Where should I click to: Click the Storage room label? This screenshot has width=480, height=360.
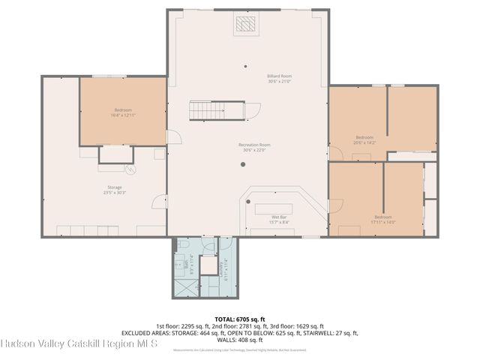coord(114,189)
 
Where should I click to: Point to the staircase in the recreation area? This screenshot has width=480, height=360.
coord(217,110)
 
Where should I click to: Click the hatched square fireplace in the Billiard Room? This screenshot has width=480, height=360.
coord(244,25)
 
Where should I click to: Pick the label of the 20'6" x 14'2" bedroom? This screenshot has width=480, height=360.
coord(364,139)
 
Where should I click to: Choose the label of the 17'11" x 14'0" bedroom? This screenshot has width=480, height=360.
coord(382,219)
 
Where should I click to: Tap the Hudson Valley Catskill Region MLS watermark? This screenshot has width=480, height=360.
coord(79,343)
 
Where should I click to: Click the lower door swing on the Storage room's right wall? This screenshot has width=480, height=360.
coord(159,202)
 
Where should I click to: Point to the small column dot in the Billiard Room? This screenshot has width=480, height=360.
coord(244,65)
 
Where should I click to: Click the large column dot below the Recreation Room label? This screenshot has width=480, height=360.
coord(242,164)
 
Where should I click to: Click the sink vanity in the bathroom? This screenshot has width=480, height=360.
coord(181,265)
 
